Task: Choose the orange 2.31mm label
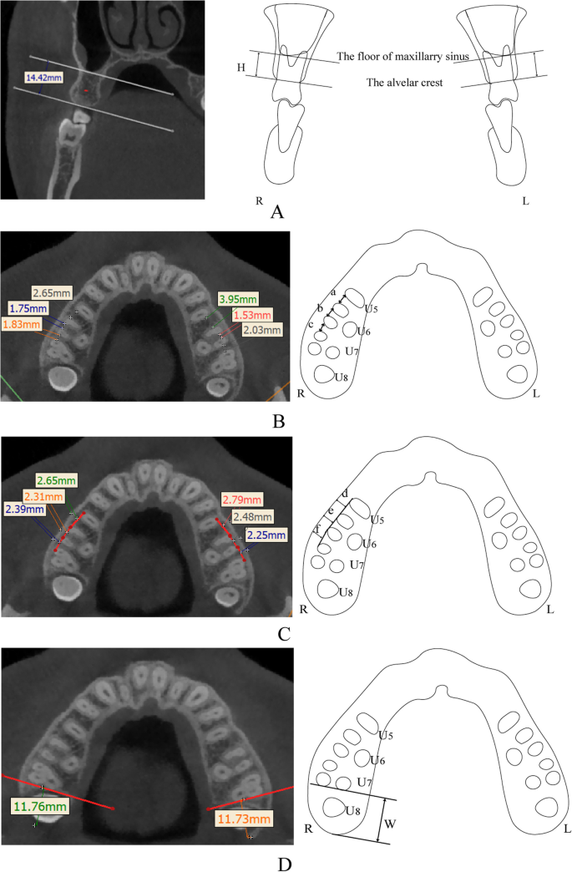43,495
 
